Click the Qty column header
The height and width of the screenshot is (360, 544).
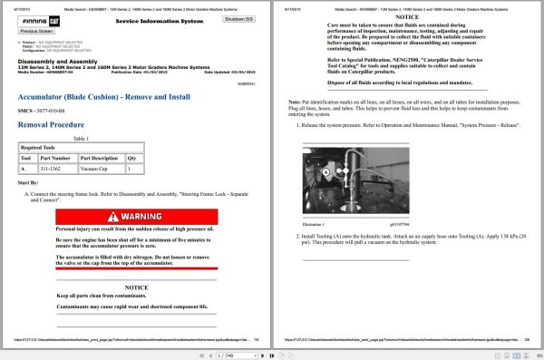tap(132, 157)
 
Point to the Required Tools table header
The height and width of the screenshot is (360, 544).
tap(38, 146)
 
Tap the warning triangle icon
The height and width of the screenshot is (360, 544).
tap(112, 218)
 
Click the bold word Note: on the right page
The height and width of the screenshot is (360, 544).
tap(293, 102)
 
